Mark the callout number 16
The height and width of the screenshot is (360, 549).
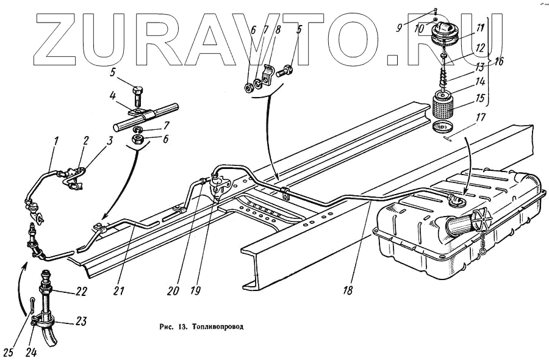[x=498, y=61]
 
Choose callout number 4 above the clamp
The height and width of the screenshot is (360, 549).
[x=113, y=95]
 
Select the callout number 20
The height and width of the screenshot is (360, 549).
[x=174, y=291]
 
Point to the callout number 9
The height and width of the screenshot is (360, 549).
[x=398, y=27]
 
